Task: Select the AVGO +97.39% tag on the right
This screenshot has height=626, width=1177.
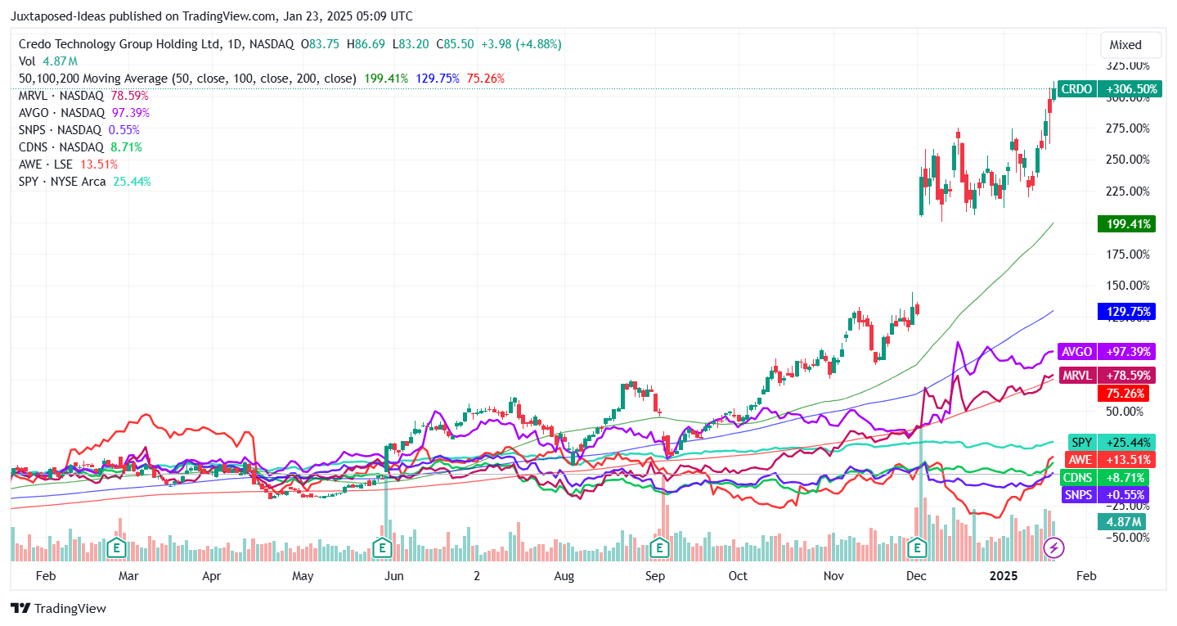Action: point(1106,352)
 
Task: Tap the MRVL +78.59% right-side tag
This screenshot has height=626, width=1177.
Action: point(1106,376)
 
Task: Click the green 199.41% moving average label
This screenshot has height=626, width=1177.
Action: point(1125,224)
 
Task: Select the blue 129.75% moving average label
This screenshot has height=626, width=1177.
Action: point(1125,312)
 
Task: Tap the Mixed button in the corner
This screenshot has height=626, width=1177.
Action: point(1125,45)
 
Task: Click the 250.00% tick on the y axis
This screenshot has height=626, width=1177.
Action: point(1128,160)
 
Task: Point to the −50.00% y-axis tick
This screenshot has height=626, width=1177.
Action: point(1128,538)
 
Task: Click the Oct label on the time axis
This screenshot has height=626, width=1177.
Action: point(738,576)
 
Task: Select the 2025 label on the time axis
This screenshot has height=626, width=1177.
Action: point(1003,576)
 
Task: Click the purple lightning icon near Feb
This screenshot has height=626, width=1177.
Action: point(1054,547)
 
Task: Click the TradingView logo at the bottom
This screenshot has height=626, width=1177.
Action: point(58,609)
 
